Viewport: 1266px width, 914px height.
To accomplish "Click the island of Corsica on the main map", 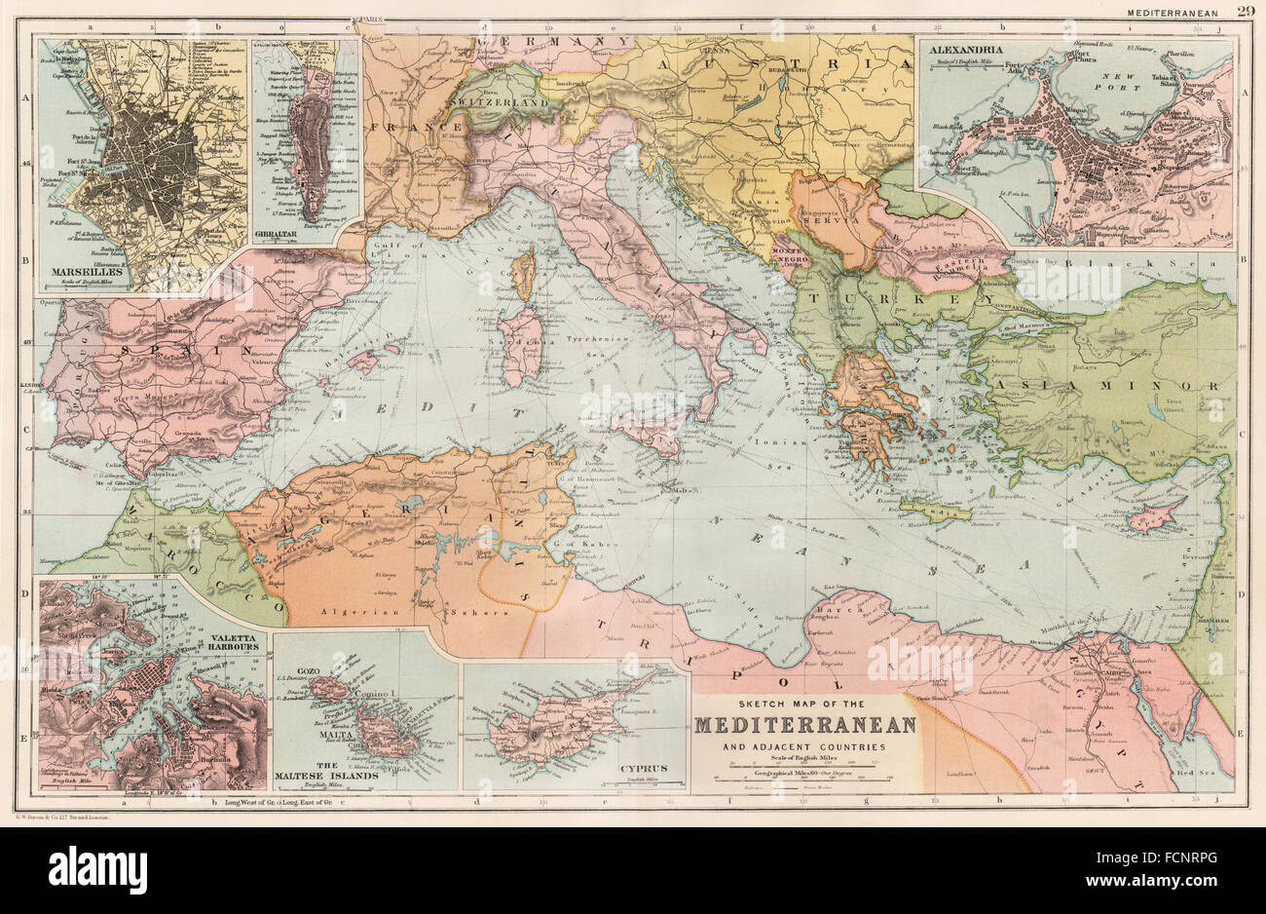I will tap(524, 276).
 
